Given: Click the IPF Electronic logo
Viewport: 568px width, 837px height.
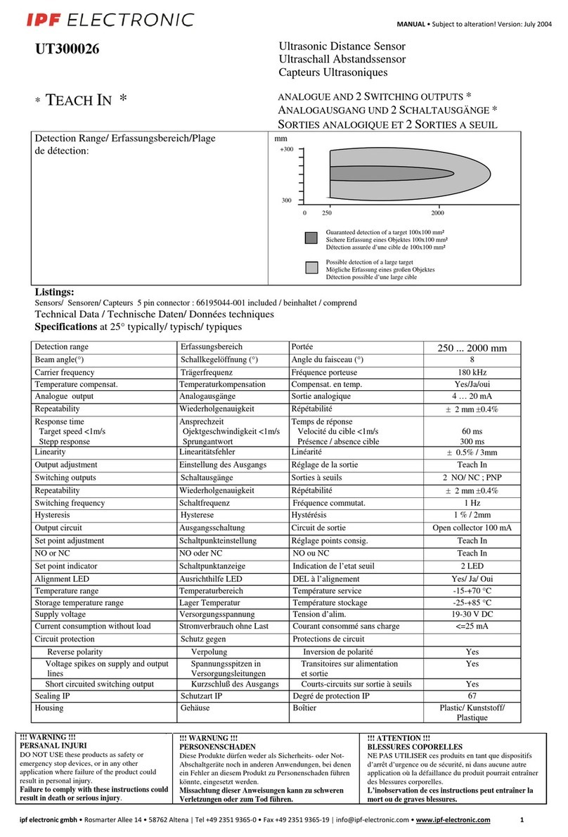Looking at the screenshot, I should point(110,20).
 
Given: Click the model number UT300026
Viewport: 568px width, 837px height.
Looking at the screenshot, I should point(67,49).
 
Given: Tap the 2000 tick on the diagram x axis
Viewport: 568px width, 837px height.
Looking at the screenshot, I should point(437,212).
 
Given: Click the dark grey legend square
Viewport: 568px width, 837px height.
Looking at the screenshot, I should point(311,238).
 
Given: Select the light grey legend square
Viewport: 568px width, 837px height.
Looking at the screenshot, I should point(311,268).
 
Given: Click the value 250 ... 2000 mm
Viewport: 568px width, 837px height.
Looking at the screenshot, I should point(472,348).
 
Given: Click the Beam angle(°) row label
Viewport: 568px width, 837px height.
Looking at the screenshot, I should point(65,360).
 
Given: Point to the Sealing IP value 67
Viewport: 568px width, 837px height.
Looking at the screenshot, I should point(472,696).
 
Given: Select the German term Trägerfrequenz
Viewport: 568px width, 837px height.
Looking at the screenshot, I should point(207,372).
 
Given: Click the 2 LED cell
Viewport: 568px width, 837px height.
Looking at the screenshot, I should point(472,566).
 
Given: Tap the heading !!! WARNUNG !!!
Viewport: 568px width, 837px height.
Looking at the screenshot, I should point(209,737).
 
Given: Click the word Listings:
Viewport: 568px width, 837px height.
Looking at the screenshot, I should point(55,292).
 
